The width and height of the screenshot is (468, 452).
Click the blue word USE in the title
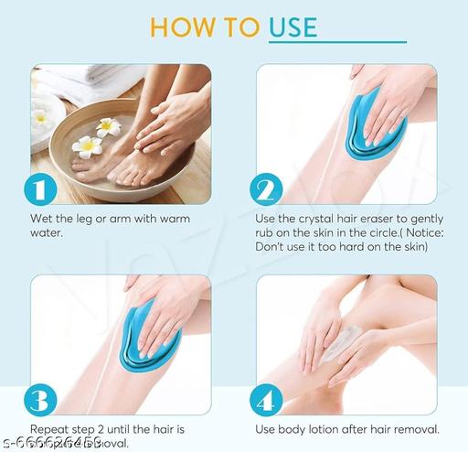[292, 26]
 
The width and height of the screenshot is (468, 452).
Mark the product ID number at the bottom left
[55, 444]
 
